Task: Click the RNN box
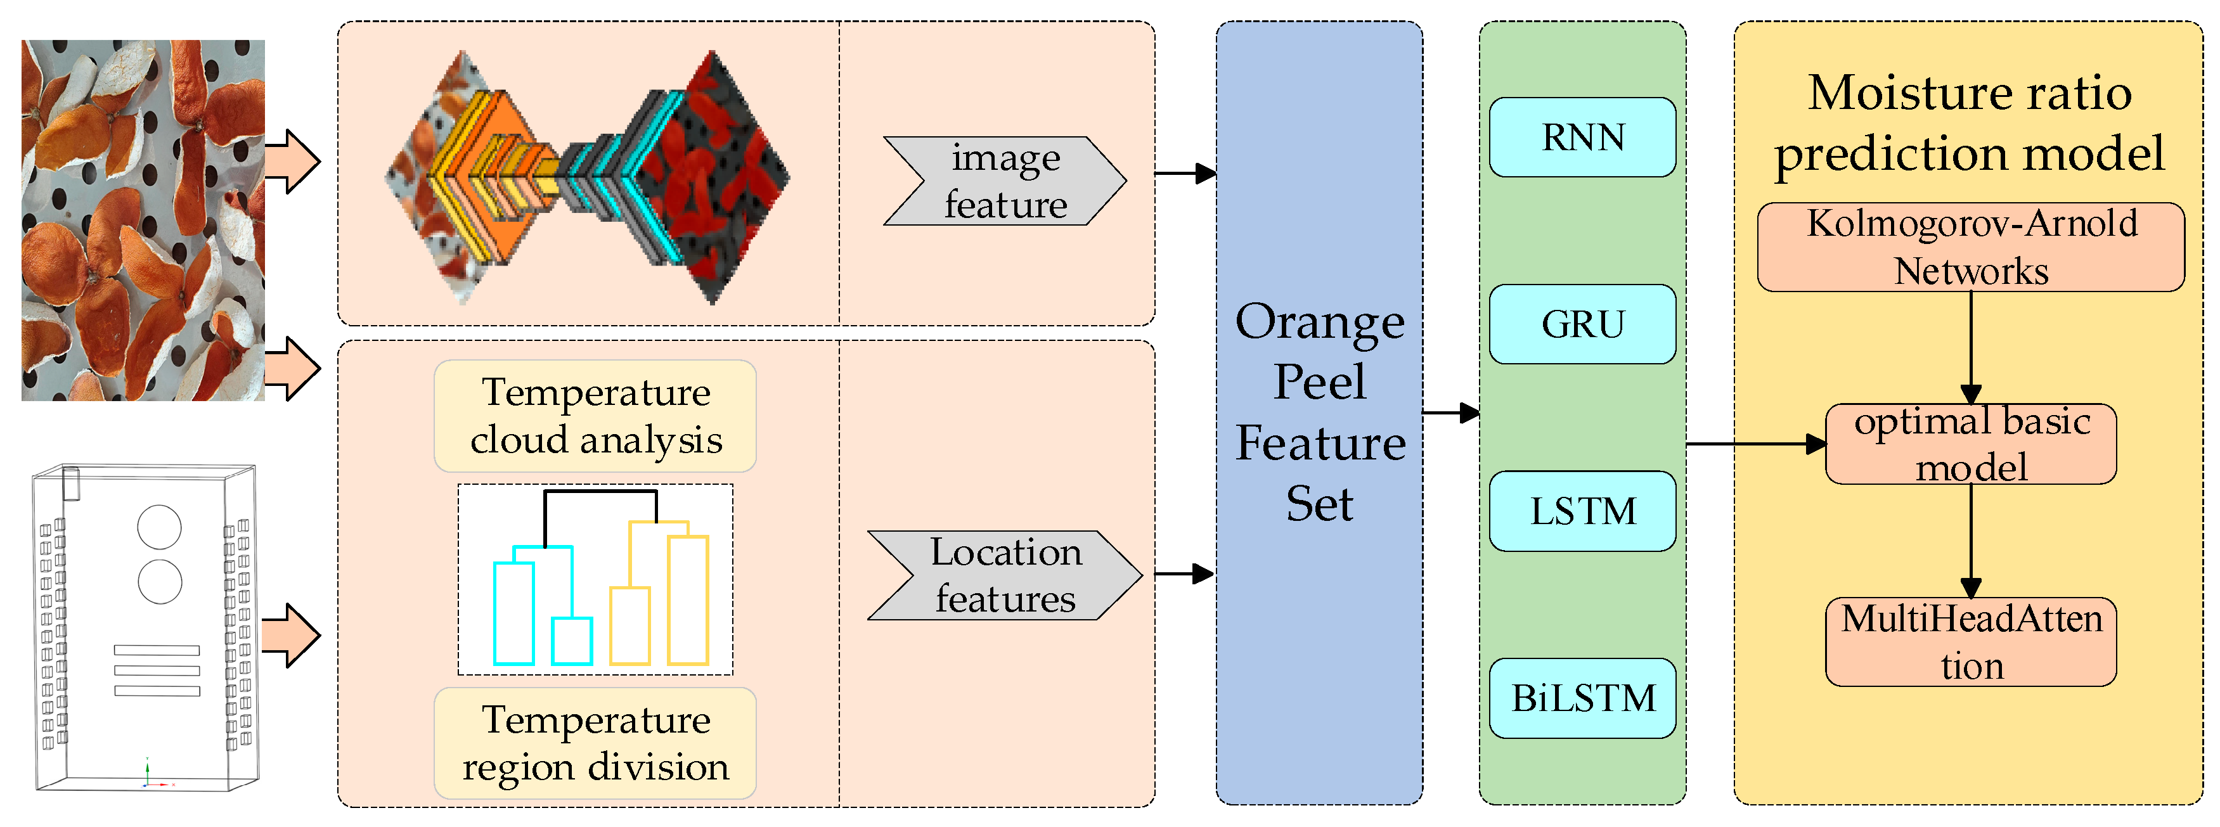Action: point(1582,137)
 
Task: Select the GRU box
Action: point(1582,324)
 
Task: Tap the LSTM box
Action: point(1582,511)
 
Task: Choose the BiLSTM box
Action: point(1582,698)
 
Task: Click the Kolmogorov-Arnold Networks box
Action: point(1971,247)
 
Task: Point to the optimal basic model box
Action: point(1971,444)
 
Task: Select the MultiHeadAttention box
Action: point(1971,642)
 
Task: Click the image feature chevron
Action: point(1005,181)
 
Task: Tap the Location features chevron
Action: point(1005,575)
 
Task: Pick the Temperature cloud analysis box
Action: point(595,416)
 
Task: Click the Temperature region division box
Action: point(595,743)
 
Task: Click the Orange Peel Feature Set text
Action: point(1319,412)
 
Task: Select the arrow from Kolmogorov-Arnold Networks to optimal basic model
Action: point(1971,347)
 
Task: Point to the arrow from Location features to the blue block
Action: point(1185,574)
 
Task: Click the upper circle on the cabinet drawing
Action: point(160,527)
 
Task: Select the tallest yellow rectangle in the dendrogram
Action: point(688,600)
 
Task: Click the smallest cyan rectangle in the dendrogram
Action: point(571,641)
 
